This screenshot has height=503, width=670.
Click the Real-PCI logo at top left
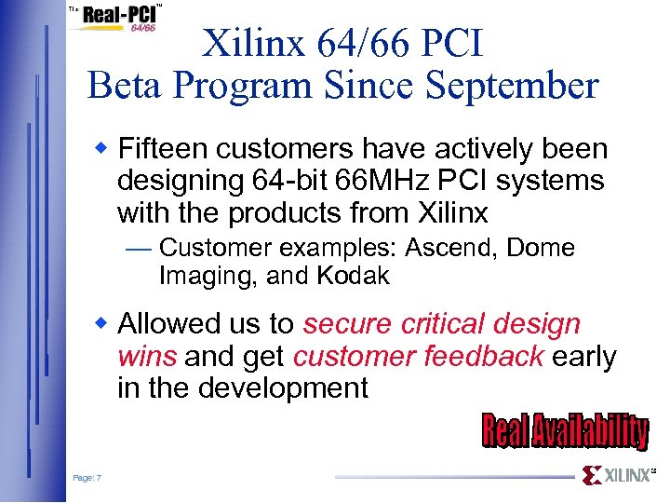(x=115, y=19)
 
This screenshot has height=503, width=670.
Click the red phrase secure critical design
(x=442, y=324)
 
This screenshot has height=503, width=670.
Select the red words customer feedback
(x=418, y=356)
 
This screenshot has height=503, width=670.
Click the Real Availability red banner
(x=564, y=431)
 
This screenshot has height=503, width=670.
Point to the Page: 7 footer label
(x=87, y=478)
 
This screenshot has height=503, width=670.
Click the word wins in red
(x=149, y=356)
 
